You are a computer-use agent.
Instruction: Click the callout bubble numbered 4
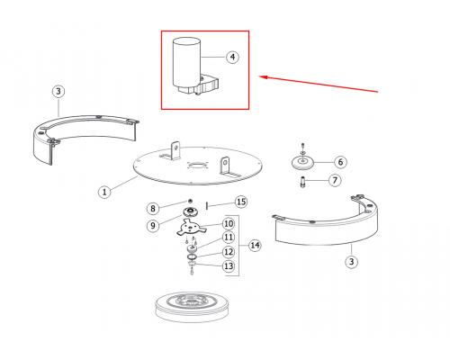tap(232, 57)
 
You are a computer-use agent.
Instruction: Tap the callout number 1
tap(104, 192)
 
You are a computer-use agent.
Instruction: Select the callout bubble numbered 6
tap(340, 162)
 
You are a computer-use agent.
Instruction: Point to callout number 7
tap(335, 180)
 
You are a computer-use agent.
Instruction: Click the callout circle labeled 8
tap(153, 208)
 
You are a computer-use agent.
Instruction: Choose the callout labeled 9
tap(153, 225)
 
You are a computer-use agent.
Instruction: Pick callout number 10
tap(229, 223)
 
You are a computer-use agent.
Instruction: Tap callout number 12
tap(229, 252)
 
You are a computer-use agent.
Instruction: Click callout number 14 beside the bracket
tap(255, 245)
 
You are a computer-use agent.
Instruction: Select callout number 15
tap(241, 202)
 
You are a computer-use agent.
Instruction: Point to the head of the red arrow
tap(259, 76)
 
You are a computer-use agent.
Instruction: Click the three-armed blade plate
tap(191, 228)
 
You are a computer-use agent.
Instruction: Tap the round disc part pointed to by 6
tap(302, 162)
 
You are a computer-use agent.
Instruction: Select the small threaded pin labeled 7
tap(302, 182)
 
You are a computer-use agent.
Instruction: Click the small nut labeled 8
tap(190, 201)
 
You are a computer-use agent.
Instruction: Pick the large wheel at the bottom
tap(192, 307)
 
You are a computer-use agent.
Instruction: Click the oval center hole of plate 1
tap(197, 166)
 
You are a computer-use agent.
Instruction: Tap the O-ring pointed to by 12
tap(192, 256)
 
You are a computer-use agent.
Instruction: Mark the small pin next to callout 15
tap(207, 206)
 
